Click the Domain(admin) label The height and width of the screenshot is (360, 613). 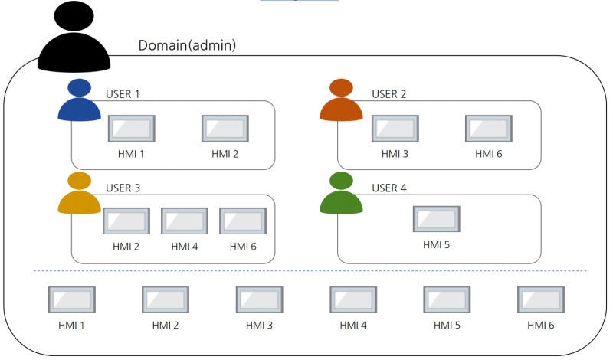[187, 45]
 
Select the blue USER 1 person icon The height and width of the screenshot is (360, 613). [79, 101]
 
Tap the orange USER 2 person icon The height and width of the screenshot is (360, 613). [341, 101]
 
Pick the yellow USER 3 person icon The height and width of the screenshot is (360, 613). [79, 194]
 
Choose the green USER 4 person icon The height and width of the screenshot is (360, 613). [341, 194]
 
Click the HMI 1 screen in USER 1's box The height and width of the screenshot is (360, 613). [131, 128]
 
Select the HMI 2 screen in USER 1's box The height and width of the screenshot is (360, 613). [225, 128]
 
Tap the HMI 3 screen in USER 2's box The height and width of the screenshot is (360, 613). [395, 128]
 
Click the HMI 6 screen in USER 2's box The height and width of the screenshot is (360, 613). [488, 128]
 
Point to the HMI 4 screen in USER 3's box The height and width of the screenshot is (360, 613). [184, 221]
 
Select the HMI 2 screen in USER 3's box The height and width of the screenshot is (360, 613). [126, 221]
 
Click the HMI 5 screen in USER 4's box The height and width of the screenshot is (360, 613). [436, 219]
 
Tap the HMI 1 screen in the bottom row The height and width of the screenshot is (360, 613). [71, 299]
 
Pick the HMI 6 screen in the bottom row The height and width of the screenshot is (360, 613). [540, 299]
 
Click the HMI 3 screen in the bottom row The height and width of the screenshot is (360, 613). [259, 299]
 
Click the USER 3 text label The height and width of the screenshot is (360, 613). [123, 188]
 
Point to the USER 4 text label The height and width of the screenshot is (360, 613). [389, 188]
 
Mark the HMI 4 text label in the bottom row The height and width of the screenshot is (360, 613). [353, 325]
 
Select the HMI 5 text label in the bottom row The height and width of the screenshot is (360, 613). [447, 325]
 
